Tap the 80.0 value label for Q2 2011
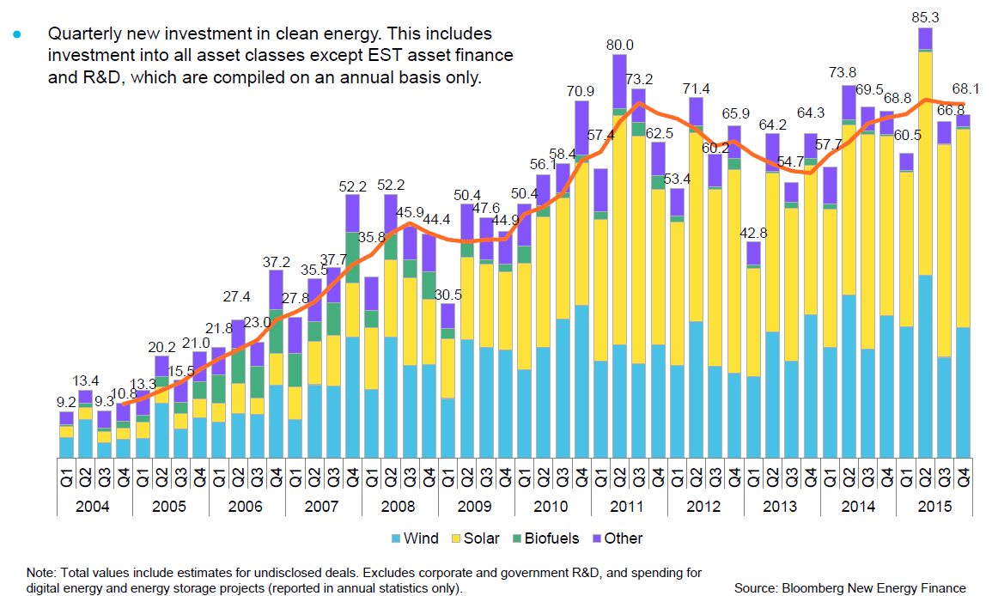[x=620, y=45]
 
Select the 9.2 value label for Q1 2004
[x=66, y=400]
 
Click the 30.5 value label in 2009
[x=447, y=294]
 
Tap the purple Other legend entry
[x=616, y=538]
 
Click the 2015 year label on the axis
[x=934, y=506]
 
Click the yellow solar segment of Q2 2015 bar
[x=925, y=163]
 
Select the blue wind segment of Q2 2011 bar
[x=620, y=409]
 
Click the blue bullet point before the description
[x=15, y=35]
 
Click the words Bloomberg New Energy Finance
[x=873, y=588]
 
